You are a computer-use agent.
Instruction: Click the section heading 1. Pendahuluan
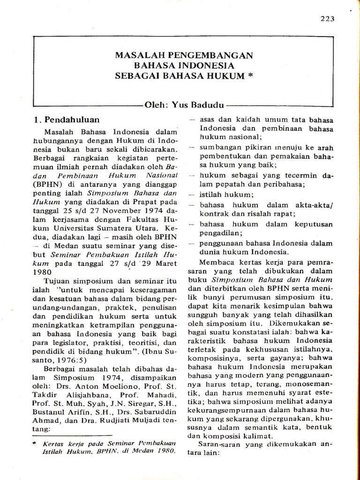point(67,120)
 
